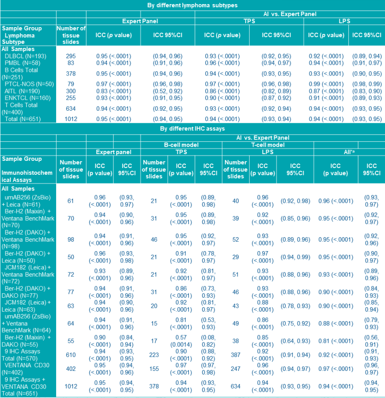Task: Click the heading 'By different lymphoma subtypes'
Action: (192, 5)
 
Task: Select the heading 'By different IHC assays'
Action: (192, 128)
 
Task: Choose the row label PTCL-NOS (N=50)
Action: (26, 84)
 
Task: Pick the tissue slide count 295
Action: (71, 56)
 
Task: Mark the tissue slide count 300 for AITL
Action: (71, 91)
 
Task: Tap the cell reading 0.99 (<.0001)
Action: (326, 84)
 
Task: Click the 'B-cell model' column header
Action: (181, 145)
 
